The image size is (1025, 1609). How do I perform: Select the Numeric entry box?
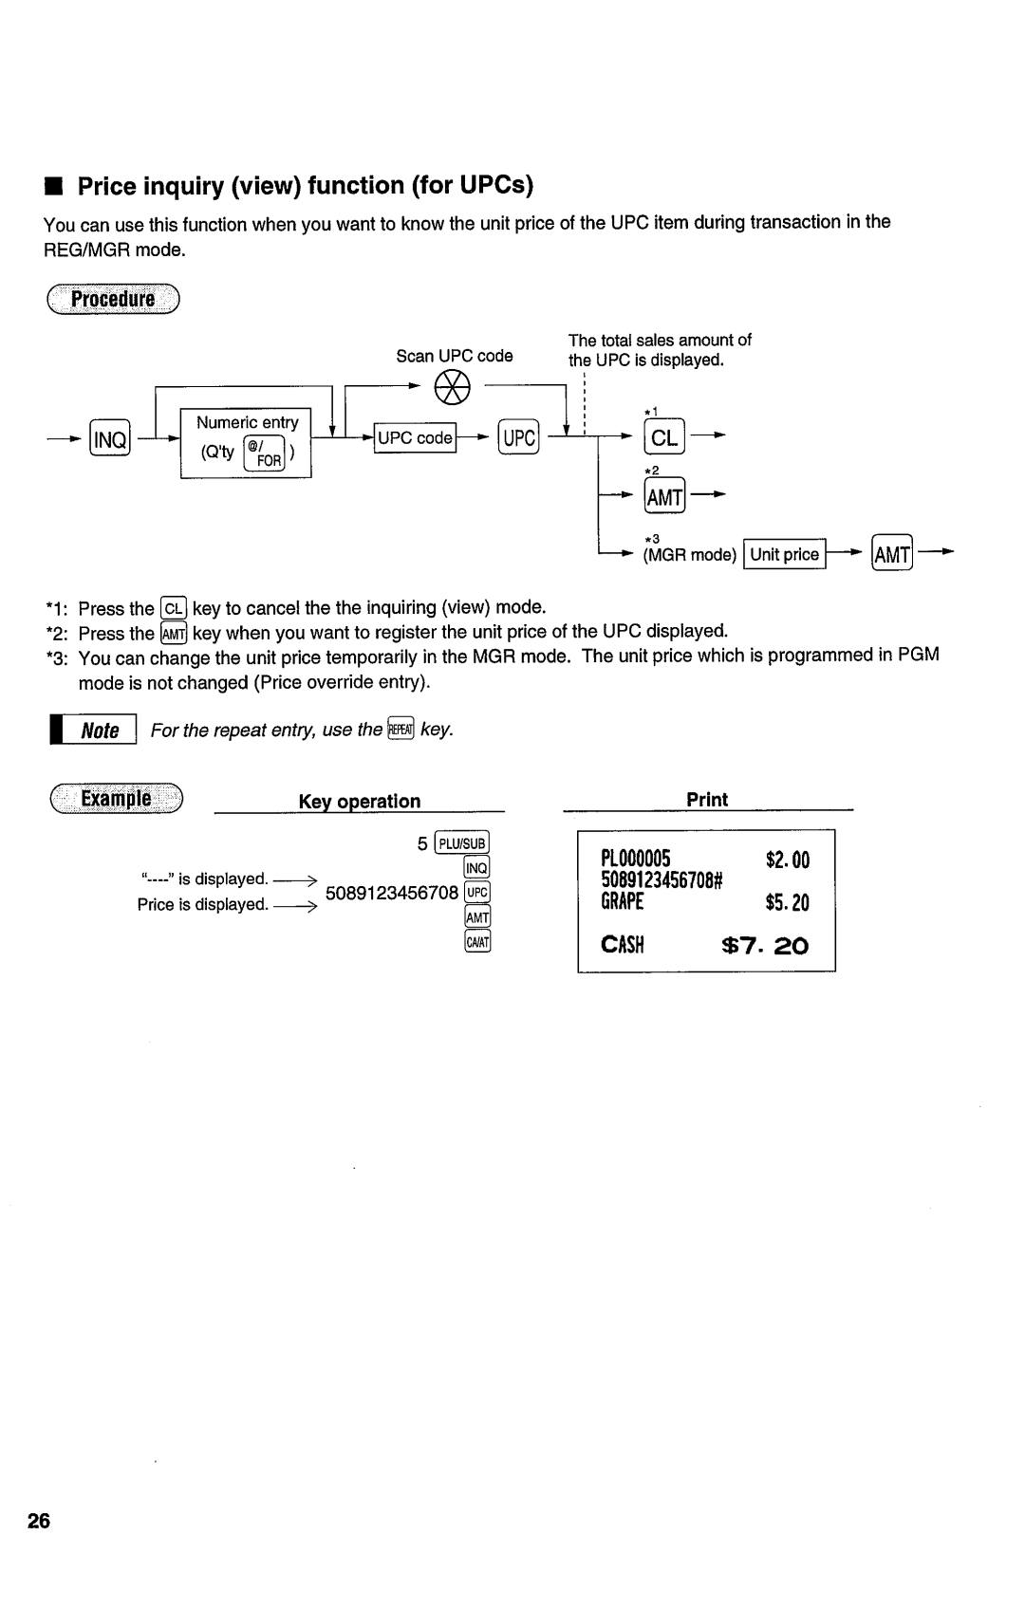coord(247,443)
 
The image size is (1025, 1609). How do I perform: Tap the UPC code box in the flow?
coord(415,438)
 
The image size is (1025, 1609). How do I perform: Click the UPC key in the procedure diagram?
coord(519,438)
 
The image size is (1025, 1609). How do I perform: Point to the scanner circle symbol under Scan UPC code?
coord(453,388)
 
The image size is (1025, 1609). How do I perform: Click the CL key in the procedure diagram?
coord(663,438)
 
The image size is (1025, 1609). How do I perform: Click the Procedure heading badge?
coord(114,300)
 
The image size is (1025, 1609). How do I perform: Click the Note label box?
coord(99,731)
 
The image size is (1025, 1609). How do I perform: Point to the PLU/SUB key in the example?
coord(461,843)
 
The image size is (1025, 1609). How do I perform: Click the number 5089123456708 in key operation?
coord(391,893)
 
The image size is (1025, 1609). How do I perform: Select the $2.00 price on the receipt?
coord(788,860)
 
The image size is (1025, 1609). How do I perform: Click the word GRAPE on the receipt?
coord(622,902)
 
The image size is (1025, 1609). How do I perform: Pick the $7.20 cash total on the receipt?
coord(765,946)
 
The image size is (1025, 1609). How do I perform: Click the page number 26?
coord(39,1522)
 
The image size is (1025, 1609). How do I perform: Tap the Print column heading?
coord(707,800)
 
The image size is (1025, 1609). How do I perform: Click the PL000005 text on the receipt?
coord(636,860)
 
